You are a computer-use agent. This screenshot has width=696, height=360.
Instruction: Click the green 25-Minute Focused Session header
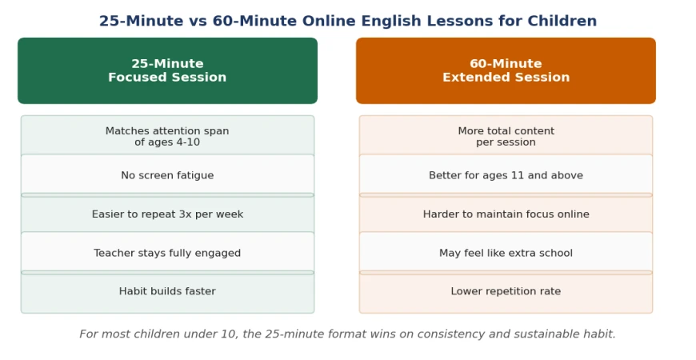(x=167, y=70)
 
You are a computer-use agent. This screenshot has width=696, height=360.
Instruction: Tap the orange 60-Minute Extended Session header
(x=506, y=70)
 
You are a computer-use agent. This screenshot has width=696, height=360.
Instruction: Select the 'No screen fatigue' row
(x=167, y=175)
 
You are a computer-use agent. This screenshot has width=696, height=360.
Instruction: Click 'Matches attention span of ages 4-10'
(x=167, y=137)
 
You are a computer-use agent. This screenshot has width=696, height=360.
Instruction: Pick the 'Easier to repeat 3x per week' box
(x=167, y=214)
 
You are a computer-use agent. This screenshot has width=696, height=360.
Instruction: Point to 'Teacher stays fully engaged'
(x=167, y=253)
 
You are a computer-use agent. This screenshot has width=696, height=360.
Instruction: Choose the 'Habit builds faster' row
(x=167, y=292)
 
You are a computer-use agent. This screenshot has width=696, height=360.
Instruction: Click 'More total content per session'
(x=506, y=137)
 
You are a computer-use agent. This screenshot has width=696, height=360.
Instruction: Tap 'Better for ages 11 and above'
(x=506, y=175)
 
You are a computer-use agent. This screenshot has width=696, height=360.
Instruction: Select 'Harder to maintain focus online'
(x=506, y=214)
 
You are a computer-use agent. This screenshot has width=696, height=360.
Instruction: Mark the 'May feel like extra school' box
(x=506, y=253)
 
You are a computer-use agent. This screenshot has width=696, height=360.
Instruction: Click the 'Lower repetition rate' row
(x=506, y=292)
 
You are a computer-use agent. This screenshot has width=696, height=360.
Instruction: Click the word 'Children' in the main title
(x=562, y=21)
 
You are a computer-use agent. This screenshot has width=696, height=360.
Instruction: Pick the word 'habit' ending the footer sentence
(x=600, y=334)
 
